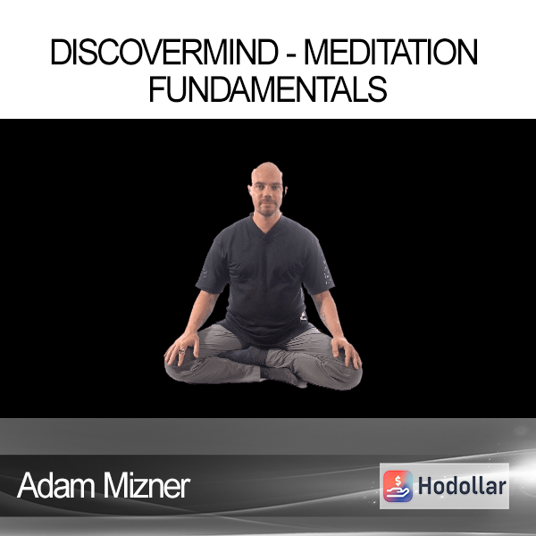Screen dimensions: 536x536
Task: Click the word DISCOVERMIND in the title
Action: [x=164, y=52]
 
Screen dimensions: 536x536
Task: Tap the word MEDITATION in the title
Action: [x=391, y=52]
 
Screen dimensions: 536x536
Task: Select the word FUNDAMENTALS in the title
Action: [x=268, y=88]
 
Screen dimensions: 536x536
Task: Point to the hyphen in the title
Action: [x=291, y=54]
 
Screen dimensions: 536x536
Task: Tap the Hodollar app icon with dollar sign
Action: [x=398, y=486]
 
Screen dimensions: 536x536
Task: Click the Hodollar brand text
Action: [x=462, y=486]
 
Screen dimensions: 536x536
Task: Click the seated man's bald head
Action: [x=267, y=171]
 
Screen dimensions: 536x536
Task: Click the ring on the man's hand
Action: [x=181, y=351]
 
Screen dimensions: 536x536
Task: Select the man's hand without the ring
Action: [x=346, y=352]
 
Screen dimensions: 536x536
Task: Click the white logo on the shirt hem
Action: [x=303, y=317]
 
